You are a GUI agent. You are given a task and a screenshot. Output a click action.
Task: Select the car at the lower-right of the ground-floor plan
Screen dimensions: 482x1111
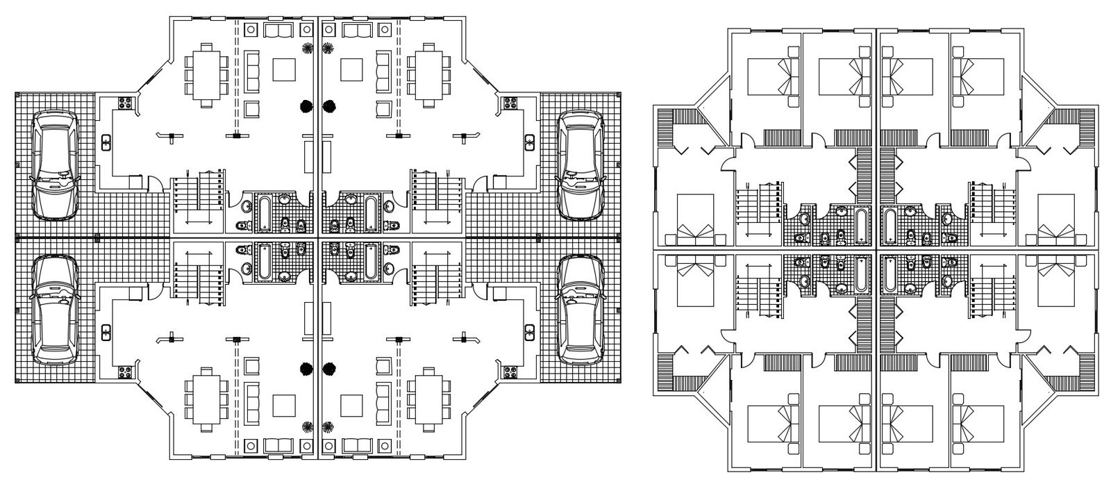(581, 310)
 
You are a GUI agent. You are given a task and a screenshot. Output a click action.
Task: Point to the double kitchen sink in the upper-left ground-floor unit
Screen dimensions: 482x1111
(106, 143)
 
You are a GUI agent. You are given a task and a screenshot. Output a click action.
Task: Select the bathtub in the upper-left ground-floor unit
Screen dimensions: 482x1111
(266, 212)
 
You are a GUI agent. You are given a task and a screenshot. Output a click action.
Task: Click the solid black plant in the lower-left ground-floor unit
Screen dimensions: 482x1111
(304, 367)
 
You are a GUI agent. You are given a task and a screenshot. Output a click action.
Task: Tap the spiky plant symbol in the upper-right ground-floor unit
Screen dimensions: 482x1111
(328, 48)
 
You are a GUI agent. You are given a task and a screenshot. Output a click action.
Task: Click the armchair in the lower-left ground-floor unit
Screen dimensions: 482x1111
(251, 366)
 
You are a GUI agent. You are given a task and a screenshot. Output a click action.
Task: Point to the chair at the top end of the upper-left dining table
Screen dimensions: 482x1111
(206, 47)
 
